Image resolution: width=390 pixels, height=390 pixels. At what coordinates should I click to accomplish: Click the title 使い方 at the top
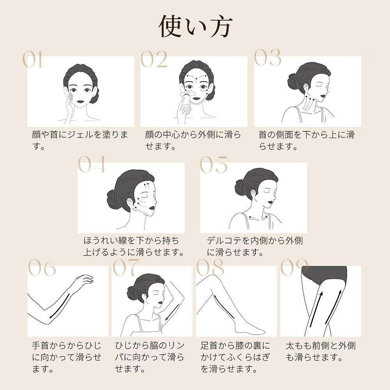(x=195, y=27)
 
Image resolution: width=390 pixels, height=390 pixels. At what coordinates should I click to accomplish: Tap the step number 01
(x=32, y=59)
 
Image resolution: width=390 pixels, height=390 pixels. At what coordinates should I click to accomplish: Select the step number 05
(x=213, y=164)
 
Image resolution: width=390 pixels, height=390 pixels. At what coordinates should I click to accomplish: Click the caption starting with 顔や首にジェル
(x=80, y=140)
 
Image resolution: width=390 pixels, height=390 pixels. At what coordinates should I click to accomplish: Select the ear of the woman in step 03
(x=306, y=87)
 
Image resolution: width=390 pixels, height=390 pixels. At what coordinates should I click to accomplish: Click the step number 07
(x=126, y=267)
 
